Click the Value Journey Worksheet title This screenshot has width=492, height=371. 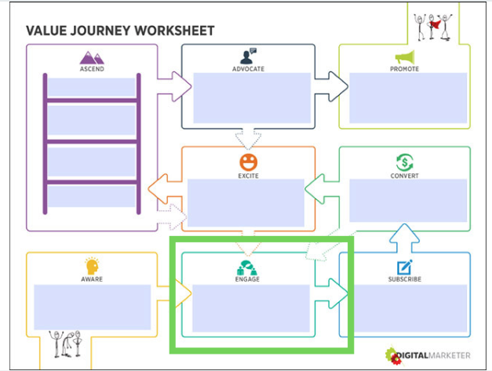pos(119,31)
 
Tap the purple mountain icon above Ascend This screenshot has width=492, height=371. pos(92,57)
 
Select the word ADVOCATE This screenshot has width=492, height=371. pos(248,69)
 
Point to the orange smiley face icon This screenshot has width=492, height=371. pos(248,162)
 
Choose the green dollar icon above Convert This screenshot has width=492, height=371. pos(405,162)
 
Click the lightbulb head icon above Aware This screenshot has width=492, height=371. pos(92,266)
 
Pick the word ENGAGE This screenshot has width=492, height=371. pos(247,279)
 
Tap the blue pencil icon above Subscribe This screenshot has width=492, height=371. pos(405,267)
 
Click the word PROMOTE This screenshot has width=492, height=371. pos(405,69)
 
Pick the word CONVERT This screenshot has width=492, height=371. pos(405,176)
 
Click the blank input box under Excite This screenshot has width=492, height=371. pos(246,203)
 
